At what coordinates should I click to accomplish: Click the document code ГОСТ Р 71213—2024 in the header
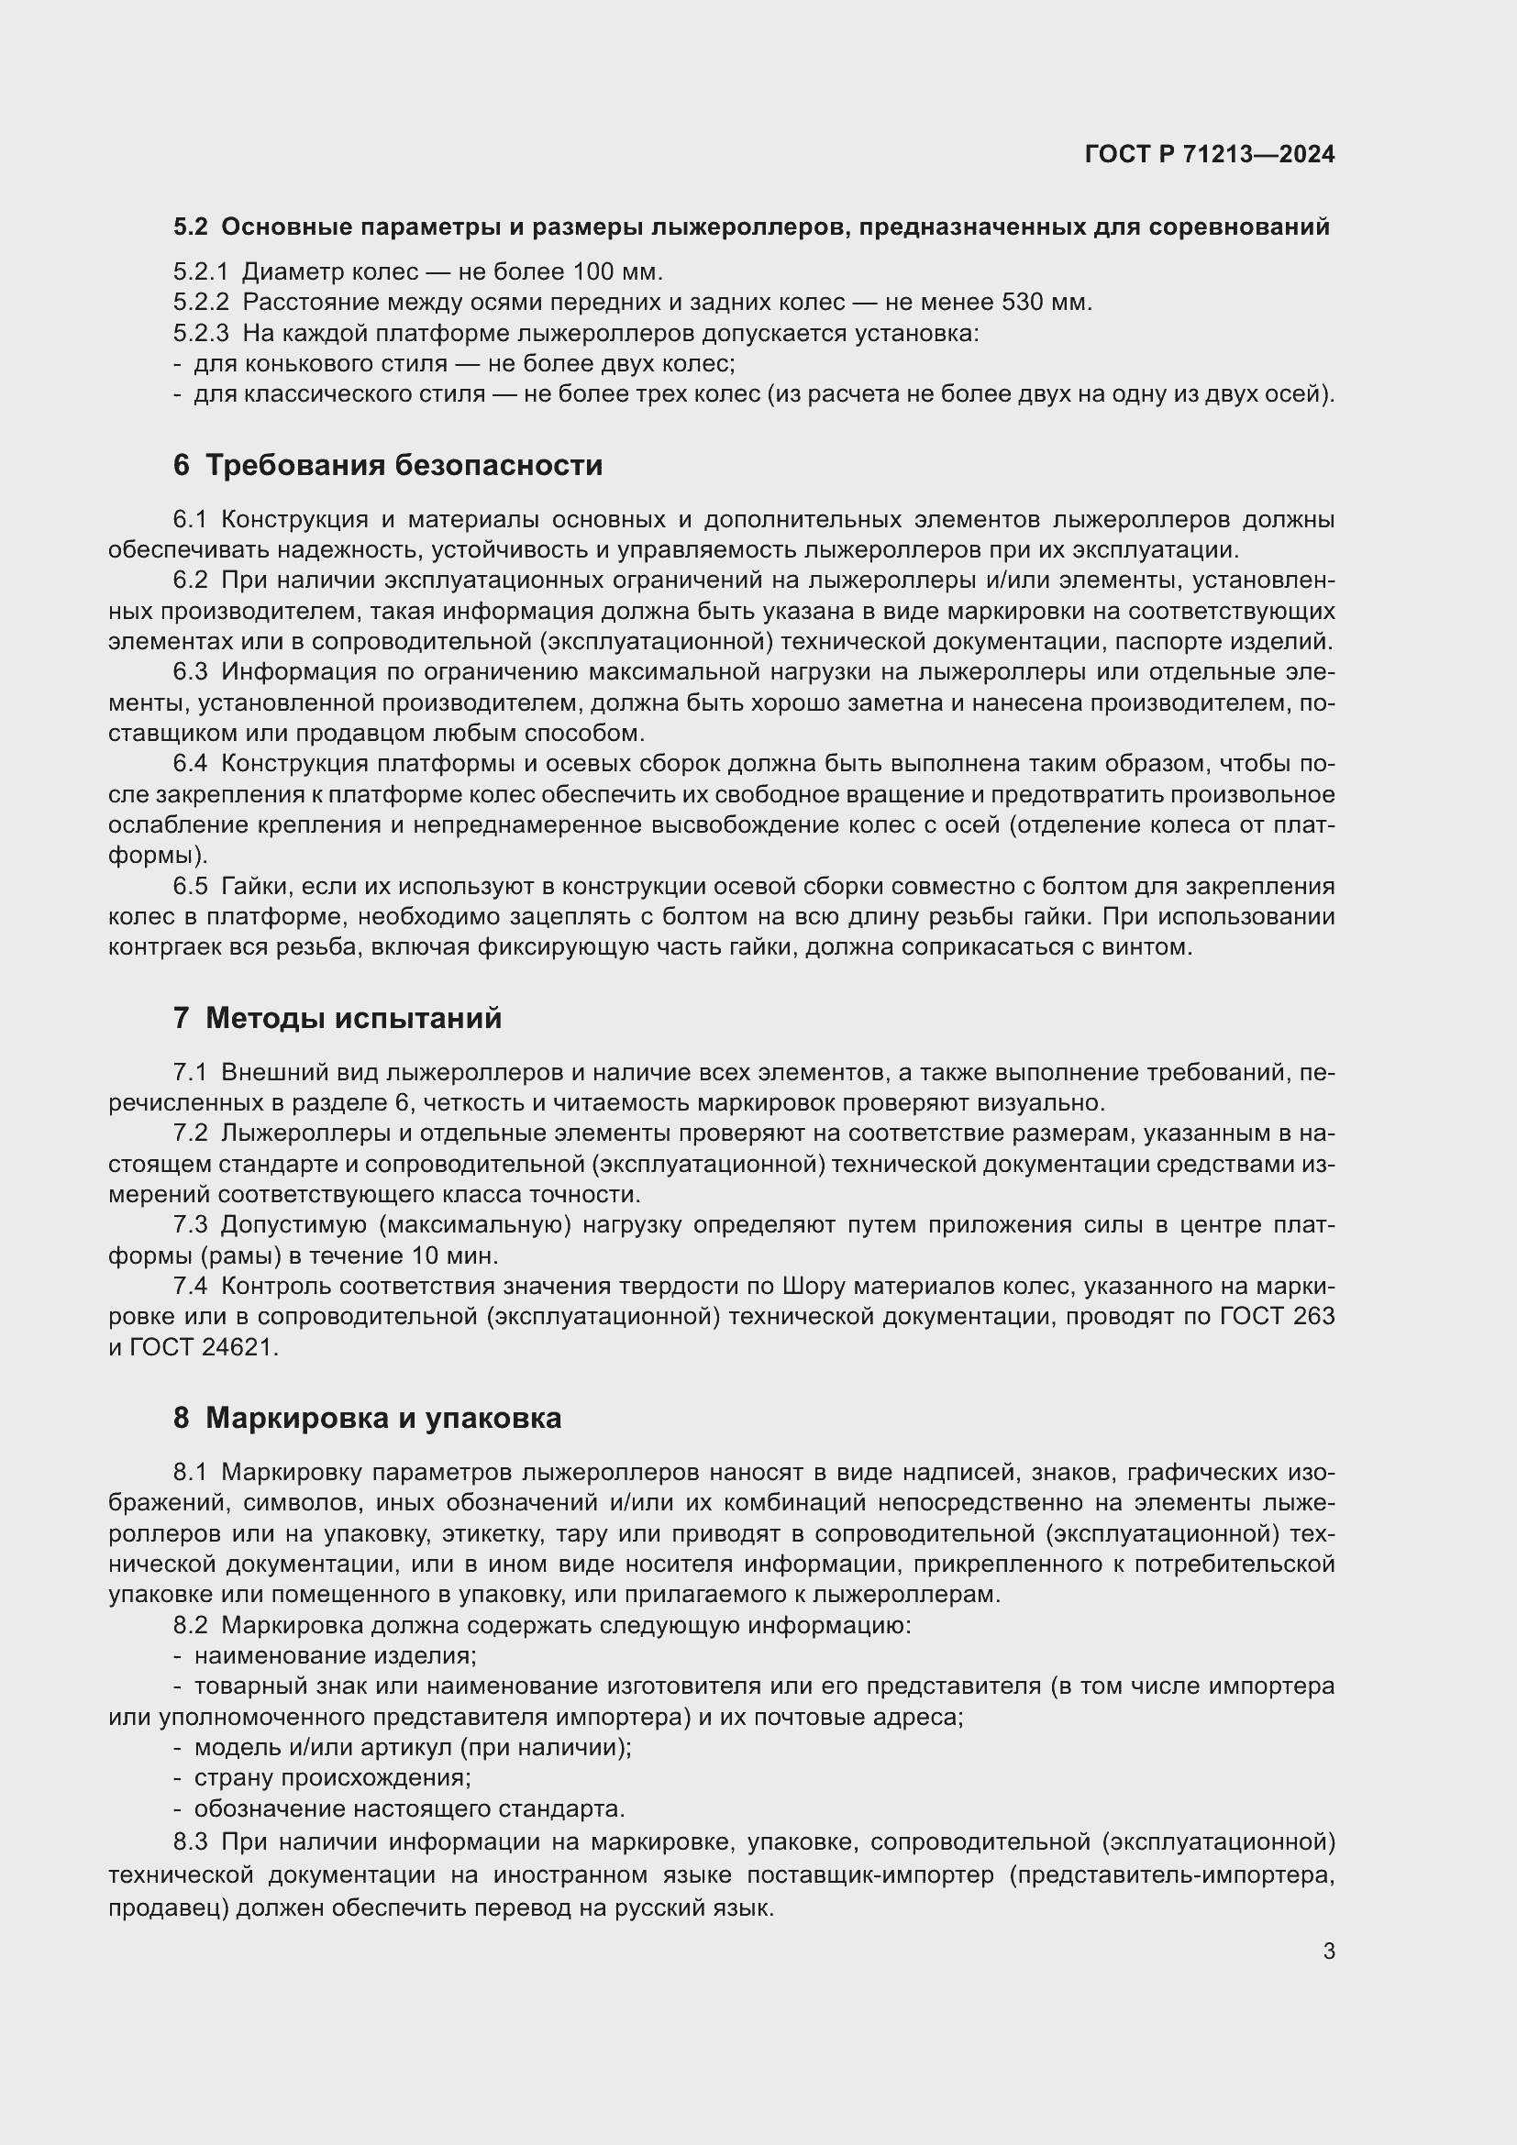tap(1209, 154)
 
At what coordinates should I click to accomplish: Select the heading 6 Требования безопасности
tap(388, 465)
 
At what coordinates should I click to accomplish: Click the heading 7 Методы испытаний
tap(338, 1017)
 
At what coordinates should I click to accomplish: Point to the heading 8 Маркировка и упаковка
tap(367, 1418)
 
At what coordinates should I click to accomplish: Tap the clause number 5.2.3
tap(201, 334)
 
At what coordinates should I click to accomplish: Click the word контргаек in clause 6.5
tap(163, 947)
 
